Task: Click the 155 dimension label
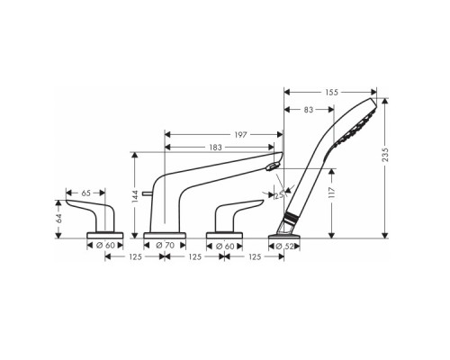pos(331,92)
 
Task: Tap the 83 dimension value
pos(309,110)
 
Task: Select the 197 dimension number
pos(240,135)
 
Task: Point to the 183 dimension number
pos(215,148)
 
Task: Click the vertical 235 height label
pos(386,155)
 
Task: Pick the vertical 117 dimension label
pos(331,193)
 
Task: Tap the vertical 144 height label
pos(135,196)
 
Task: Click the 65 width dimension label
pos(85,193)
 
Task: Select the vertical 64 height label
pos(58,218)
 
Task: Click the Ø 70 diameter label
pos(166,246)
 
